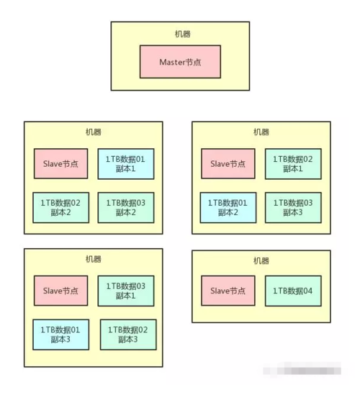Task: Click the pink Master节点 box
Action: pos(180,62)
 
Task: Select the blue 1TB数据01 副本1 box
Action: pos(125,164)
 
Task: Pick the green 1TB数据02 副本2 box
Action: pos(61,207)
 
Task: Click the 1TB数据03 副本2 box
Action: pos(125,207)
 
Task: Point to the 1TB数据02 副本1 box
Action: pos(293,164)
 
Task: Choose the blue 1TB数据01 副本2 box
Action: pos(228,207)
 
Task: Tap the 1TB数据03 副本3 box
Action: pos(293,207)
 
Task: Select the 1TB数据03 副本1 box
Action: pos(125,291)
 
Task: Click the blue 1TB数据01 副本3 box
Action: pos(61,334)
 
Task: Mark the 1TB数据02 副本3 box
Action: pos(127,334)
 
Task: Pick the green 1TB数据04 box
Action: pos(293,291)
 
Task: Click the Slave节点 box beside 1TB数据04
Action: pos(228,291)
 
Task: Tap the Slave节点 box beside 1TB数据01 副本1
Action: pos(61,164)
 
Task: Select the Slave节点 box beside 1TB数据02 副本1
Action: pos(228,164)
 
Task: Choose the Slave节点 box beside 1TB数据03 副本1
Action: pos(61,291)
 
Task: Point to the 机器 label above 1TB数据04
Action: pos(261,260)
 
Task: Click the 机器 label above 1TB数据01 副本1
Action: pos(93,132)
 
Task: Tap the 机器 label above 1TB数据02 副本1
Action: pos(261,132)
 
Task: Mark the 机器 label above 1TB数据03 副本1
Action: pos(93,259)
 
